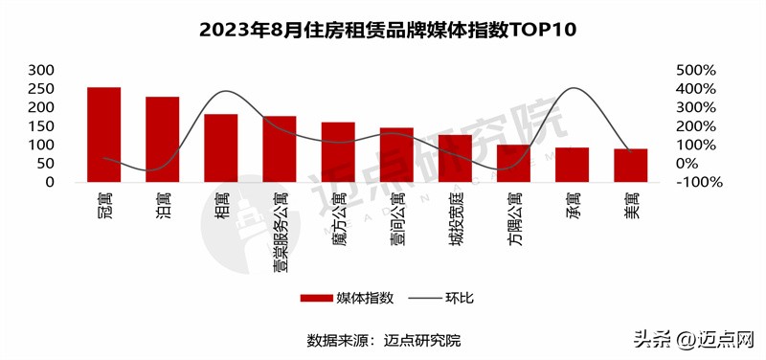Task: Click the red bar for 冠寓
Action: (103, 134)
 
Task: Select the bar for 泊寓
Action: (162, 139)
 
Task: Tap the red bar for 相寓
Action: (221, 147)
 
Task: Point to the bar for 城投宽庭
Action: (455, 158)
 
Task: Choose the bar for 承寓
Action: (573, 165)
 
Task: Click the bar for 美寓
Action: (631, 165)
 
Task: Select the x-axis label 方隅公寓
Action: (514, 215)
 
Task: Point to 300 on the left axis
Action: (41, 71)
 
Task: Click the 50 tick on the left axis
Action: (46, 164)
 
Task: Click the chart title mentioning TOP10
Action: (383, 30)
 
